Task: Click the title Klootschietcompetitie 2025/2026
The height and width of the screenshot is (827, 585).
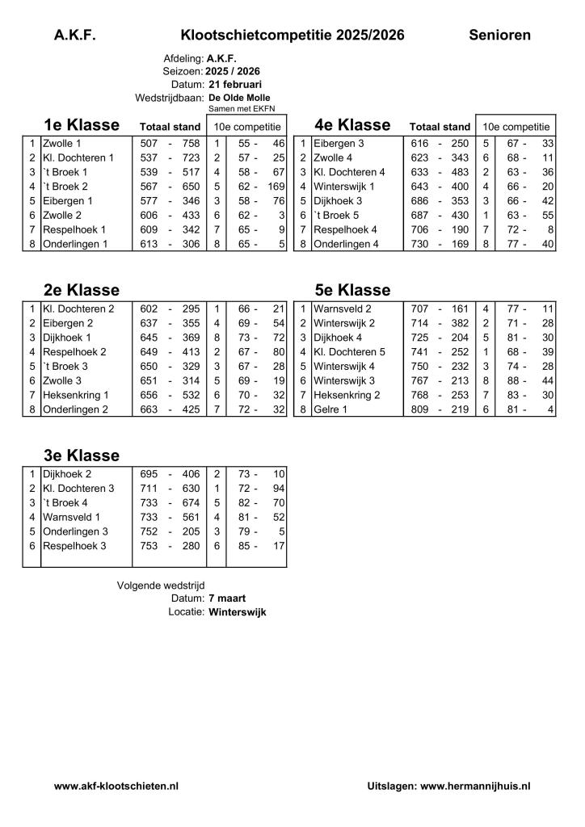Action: click(292, 35)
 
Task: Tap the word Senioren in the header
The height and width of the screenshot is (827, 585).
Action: click(499, 35)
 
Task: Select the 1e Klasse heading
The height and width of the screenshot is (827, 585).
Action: click(82, 125)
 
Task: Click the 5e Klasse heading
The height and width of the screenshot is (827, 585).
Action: click(352, 290)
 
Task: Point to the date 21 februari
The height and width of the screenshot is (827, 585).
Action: click(235, 84)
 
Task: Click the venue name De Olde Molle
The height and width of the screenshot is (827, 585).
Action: click(239, 97)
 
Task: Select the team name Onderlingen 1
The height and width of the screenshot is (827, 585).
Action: click(75, 245)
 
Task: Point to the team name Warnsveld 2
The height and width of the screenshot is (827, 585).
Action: click(343, 308)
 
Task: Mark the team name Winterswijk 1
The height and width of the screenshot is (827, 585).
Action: click(344, 187)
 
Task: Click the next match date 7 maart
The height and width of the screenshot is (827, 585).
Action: click(227, 598)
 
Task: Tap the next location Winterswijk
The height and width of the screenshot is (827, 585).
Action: click(238, 612)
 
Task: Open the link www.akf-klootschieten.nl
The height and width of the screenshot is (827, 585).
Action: click(116, 785)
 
